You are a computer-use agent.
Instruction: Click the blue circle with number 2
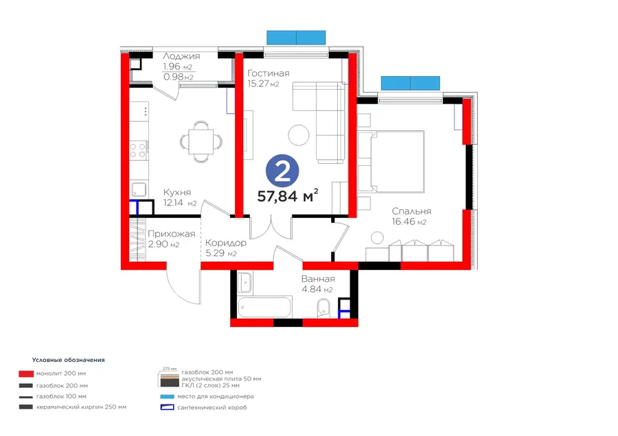point(282,171)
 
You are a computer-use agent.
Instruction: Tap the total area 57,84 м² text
point(288,195)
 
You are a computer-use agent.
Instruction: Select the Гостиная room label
point(268,73)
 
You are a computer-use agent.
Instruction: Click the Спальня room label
point(411,211)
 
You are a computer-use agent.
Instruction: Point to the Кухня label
point(177,193)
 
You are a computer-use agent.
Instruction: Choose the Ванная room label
point(318,279)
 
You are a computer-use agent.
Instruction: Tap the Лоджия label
point(181,56)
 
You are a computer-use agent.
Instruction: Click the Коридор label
point(226,243)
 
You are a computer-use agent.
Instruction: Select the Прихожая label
point(172,234)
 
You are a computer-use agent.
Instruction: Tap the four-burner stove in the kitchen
point(138,151)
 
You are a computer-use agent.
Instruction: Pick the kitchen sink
point(138,190)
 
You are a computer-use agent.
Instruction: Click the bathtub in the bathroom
point(265,308)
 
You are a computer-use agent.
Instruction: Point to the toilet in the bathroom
point(323,307)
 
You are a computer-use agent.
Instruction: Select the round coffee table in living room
point(299,135)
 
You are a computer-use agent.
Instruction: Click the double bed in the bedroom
point(391,162)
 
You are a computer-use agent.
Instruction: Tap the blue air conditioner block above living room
point(296,38)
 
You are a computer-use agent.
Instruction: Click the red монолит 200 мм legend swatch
point(26,374)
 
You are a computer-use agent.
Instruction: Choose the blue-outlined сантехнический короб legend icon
point(167,407)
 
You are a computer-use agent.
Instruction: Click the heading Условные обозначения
point(69,360)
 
